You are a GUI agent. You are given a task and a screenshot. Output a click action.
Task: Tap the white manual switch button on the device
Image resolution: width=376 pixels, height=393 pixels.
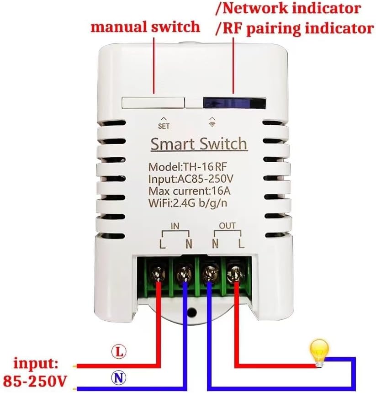click(153, 102)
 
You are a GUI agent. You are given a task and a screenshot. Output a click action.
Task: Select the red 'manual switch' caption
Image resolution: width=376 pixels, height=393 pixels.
click(145, 27)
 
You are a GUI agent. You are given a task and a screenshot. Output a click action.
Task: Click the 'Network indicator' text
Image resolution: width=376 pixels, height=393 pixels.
click(288, 9)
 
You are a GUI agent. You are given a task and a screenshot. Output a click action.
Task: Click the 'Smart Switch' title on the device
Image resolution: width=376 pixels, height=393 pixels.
click(199, 144)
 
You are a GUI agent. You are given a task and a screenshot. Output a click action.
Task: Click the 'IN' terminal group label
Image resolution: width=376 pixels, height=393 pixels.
click(175, 226)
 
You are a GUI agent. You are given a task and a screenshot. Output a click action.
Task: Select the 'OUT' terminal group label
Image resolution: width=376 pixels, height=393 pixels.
click(227, 226)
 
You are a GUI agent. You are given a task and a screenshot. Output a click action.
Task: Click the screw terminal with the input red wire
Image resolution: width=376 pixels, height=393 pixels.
click(159, 274)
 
